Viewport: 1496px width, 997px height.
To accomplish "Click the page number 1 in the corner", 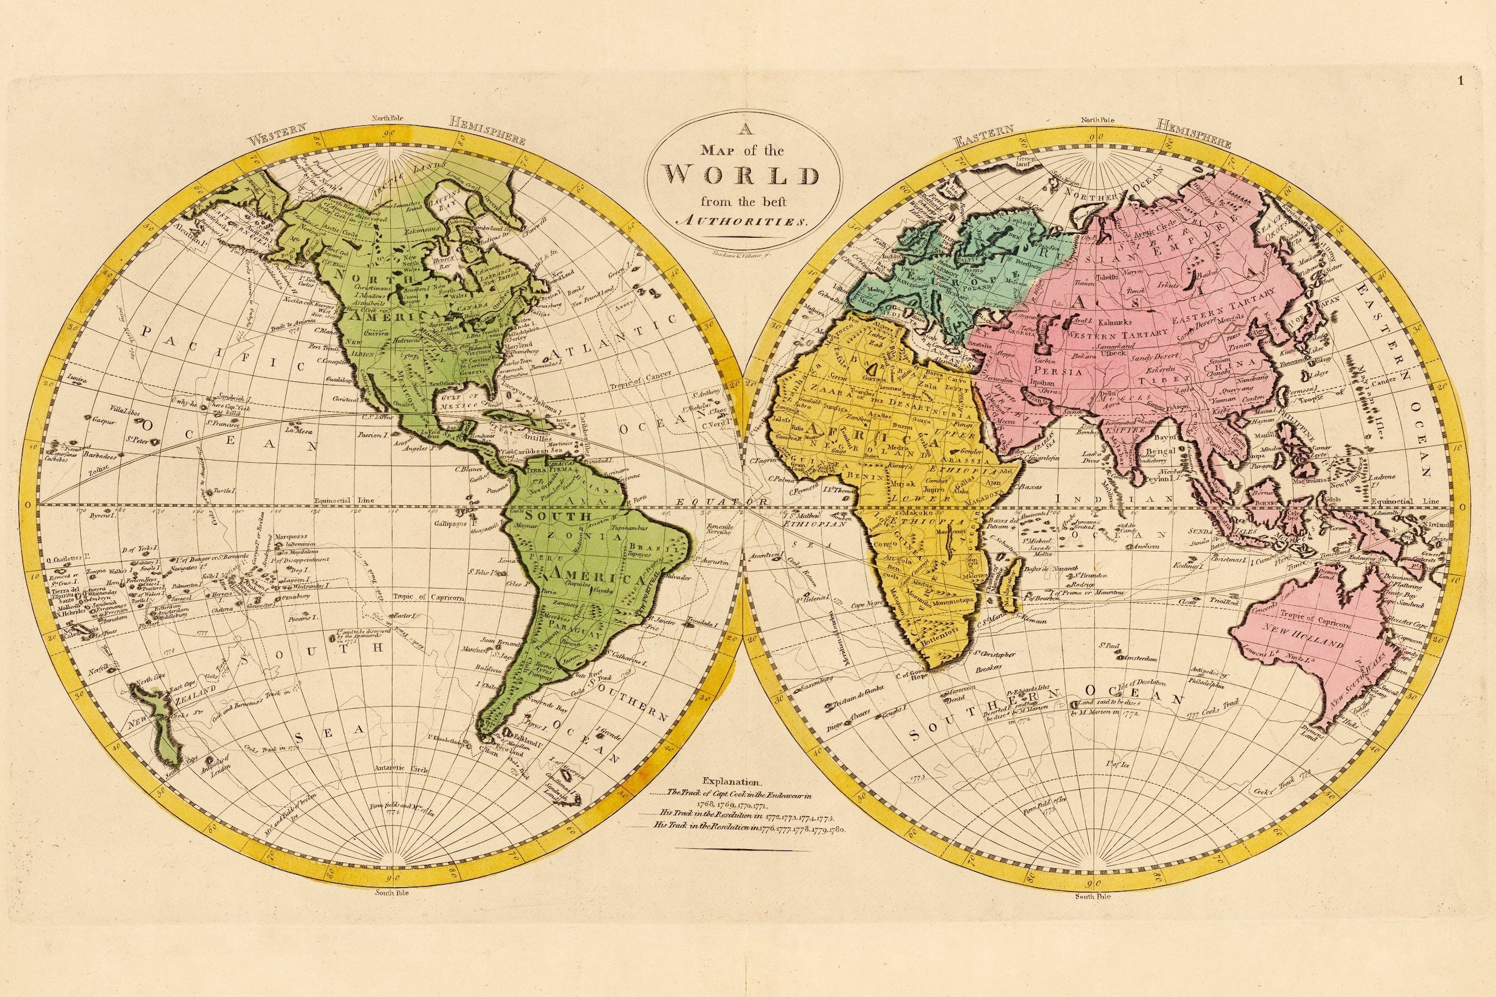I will click(x=1479, y=81).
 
